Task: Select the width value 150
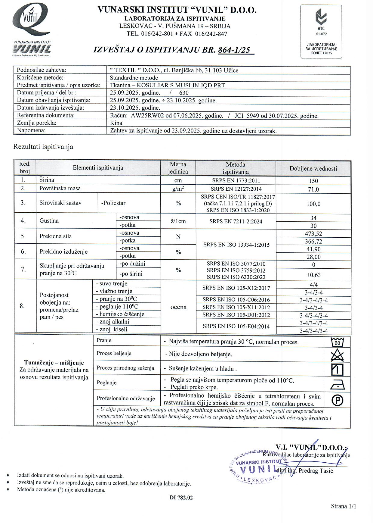coord(313,181)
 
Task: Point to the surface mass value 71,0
coord(313,189)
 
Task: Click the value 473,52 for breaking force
coord(313,234)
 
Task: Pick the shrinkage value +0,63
coord(313,275)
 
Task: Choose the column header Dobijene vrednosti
coord(313,169)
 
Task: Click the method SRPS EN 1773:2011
coord(236,181)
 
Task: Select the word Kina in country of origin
coord(116,123)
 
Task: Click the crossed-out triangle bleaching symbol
coord(337,355)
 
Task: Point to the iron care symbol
coord(337,384)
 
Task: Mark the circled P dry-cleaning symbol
coord(337,400)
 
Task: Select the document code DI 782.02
coord(181,498)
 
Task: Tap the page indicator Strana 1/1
coord(344,506)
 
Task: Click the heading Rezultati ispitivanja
coord(43,147)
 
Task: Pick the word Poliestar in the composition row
coord(113,203)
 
